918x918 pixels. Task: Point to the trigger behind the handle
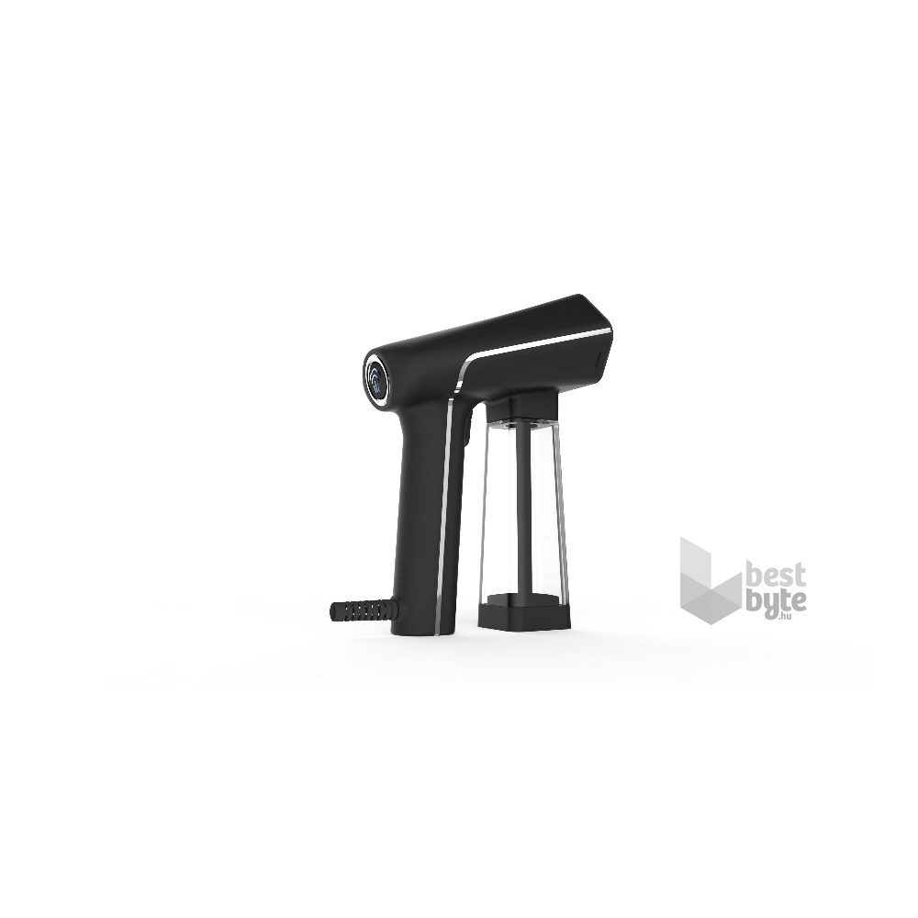[x=467, y=429]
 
